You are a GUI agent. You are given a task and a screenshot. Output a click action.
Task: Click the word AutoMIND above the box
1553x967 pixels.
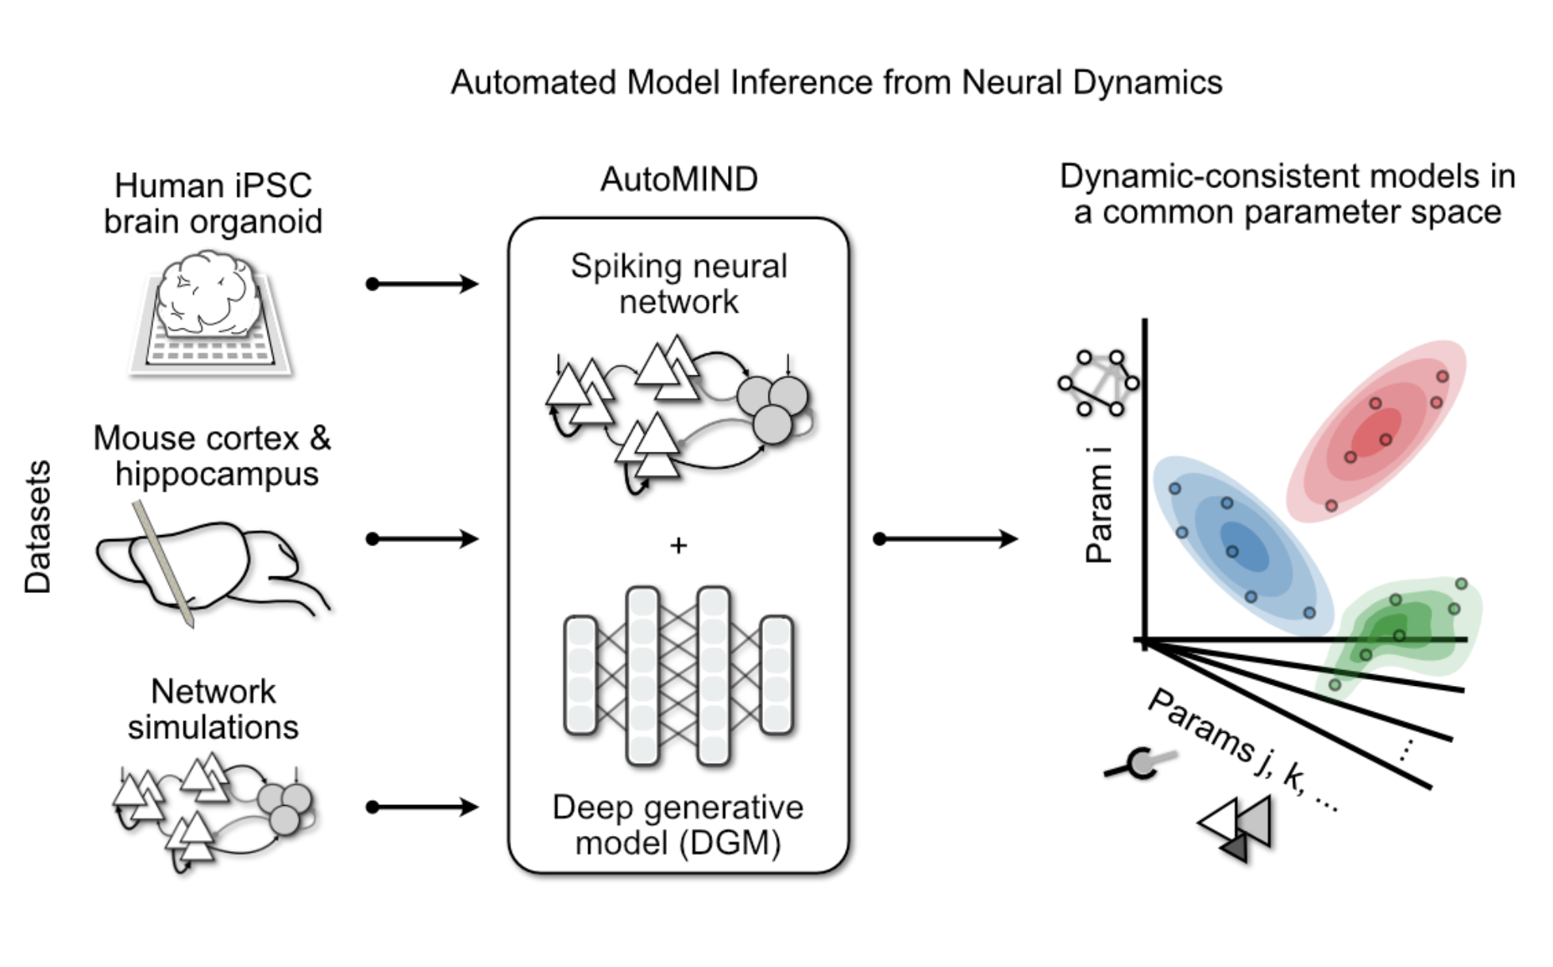pyautogui.click(x=679, y=179)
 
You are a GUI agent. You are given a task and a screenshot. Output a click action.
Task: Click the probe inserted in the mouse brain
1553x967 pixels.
pyautogui.click(x=164, y=563)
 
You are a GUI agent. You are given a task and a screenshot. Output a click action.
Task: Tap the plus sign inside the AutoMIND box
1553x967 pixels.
pyautogui.click(x=678, y=545)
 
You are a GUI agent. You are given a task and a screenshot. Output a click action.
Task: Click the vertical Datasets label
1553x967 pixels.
pyautogui.click(x=37, y=527)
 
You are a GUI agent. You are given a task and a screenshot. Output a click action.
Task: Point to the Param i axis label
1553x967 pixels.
pyautogui.click(x=1099, y=505)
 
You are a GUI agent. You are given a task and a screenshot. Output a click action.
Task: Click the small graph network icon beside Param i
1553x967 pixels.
pyautogui.click(x=1098, y=383)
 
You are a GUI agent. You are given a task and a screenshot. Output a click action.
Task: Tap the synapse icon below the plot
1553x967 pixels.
pyautogui.click(x=1140, y=764)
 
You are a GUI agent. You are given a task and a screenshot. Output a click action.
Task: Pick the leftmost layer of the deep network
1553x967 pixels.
pyautogui.click(x=580, y=675)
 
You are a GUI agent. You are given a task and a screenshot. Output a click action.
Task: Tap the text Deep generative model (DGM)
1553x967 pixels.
pyautogui.click(x=678, y=825)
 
